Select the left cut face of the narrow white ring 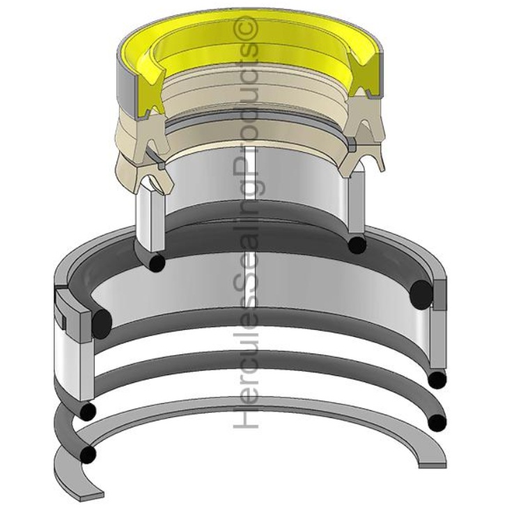click(x=147, y=216)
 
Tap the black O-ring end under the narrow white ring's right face click(x=357, y=245)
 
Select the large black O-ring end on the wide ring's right click(x=421, y=291)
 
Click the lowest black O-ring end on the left click(x=88, y=455)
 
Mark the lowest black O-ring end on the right click(x=436, y=423)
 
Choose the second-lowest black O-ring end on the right click(x=437, y=379)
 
